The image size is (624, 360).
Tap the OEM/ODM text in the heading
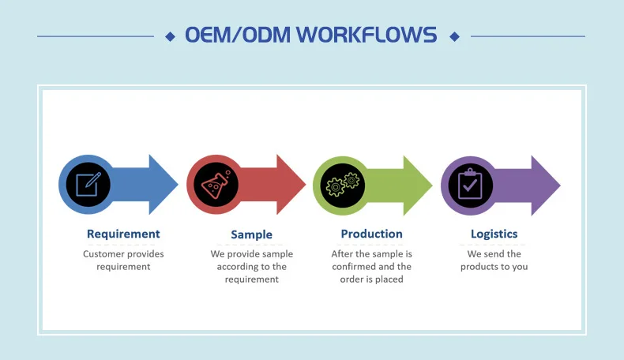point(227,36)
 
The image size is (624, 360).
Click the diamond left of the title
point(170,36)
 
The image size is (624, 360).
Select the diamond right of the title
point(453,36)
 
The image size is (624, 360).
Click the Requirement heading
point(123,234)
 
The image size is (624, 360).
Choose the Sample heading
point(251,234)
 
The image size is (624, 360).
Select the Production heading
point(371,234)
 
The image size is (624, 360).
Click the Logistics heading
point(494,234)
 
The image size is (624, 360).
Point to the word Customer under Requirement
point(104,254)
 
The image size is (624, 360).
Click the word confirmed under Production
point(355,267)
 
